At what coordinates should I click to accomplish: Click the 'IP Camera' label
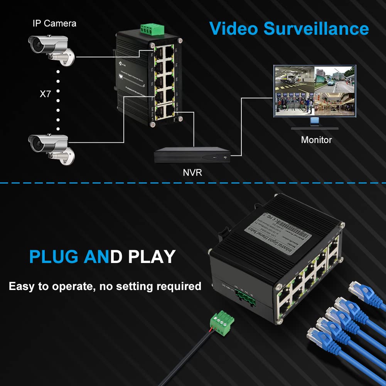54,24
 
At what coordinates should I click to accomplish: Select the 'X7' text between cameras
45,94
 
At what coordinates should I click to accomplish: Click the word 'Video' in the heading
233,29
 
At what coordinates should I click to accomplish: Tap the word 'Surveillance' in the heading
316,29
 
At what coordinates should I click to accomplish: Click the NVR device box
192,155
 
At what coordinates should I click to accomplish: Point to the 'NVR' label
192,172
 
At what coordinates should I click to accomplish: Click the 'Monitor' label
316,140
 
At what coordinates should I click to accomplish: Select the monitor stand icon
315,123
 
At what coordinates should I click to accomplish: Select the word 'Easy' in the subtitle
22,286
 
